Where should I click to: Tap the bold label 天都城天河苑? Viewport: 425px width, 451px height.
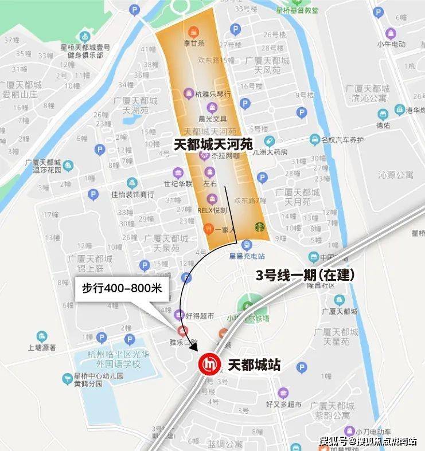click(213, 144)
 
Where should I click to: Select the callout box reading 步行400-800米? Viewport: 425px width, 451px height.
click(122, 289)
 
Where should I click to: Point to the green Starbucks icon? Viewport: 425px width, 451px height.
click(260, 228)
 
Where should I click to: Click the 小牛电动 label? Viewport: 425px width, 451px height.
click(392, 44)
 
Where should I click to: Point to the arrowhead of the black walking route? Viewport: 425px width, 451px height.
click(193, 346)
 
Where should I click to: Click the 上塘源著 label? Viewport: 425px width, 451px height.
click(41, 347)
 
